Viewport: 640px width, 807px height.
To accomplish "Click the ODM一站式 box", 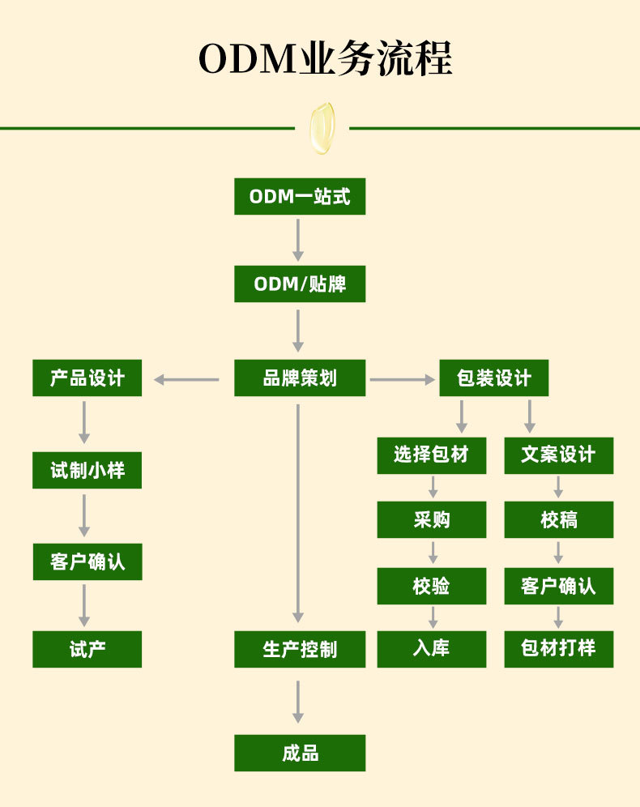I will [300, 196].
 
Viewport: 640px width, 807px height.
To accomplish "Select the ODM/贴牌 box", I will [300, 284].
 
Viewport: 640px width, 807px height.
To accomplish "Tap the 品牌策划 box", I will [300, 378].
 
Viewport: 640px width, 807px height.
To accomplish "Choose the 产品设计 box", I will [87, 378].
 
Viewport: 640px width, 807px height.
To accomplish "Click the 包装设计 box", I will [493, 378].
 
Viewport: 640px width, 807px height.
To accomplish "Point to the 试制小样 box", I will [87, 470].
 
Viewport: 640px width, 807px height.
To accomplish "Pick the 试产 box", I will [87, 649].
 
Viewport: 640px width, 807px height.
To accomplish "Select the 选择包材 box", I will [431, 455].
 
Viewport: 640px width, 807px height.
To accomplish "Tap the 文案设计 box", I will [558, 455].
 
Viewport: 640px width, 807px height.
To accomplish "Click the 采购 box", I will [431, 519].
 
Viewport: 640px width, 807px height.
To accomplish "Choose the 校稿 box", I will [558, 519].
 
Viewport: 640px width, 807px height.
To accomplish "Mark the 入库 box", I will [431, 649].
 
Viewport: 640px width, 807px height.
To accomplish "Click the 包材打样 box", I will [558, 649].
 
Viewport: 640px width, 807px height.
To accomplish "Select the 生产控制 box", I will [300, 649].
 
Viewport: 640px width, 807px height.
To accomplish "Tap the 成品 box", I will [300, 753].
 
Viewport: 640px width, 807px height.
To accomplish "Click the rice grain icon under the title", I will [322, 127].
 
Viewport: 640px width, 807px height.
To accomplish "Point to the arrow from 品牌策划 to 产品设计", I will [187, 378].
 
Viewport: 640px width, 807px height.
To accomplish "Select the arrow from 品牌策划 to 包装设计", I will [402, 378].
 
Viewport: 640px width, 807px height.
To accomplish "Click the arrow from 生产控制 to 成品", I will [298, 701].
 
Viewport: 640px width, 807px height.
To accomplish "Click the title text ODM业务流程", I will [325, 59].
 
